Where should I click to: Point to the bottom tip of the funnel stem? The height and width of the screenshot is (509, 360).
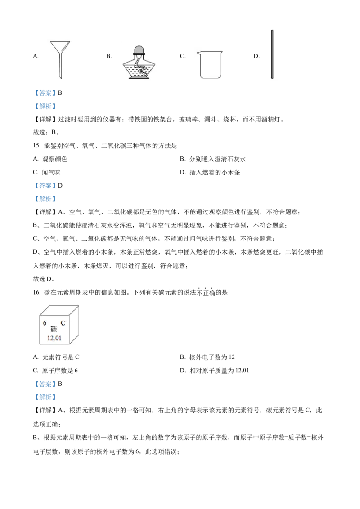60,78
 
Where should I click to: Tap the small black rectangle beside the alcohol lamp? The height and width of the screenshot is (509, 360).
111,56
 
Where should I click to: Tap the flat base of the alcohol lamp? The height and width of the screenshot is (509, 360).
139,78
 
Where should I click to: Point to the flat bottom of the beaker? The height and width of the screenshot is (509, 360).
208,78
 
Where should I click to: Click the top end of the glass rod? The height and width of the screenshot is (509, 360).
272,31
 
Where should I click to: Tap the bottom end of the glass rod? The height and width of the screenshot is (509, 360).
272,78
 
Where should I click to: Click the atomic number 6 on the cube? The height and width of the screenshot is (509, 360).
45,323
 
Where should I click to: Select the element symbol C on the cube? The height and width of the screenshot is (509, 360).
63,323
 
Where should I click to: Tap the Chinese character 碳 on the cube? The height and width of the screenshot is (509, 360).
54,329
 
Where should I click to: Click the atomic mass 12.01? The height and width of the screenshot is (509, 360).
54,338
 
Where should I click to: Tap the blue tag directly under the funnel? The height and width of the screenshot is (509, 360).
45,94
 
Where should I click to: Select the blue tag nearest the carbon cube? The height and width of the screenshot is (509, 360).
45,384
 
